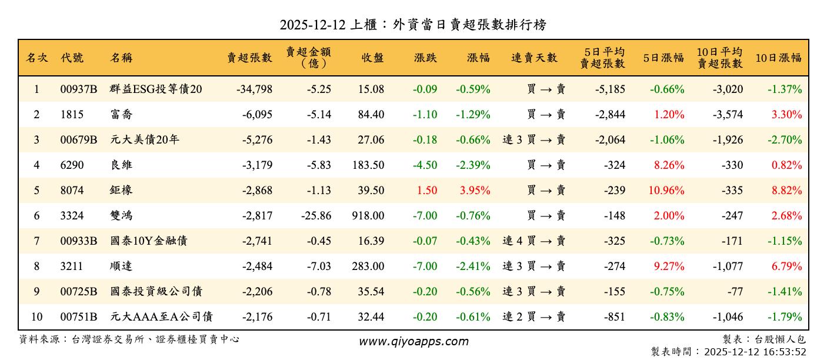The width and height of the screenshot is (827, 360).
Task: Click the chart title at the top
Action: [413, 25]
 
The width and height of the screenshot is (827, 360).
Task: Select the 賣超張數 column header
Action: [250, 58]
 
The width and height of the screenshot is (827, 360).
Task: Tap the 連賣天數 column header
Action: [533, 58]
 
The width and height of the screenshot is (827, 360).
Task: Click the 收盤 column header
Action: [372, 58]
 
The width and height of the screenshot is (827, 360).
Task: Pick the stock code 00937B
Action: [79, 89]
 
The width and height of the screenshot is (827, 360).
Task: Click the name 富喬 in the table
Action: [121, 115]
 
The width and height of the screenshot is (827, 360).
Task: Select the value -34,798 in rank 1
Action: [254, 89]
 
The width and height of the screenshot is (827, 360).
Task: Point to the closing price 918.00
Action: [368, 216]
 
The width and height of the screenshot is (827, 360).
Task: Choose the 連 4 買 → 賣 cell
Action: [533, 241]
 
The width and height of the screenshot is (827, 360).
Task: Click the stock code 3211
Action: [72, 266]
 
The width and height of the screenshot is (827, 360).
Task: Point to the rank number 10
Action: [36, 317]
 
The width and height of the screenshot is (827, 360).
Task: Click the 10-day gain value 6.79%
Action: [787, 266]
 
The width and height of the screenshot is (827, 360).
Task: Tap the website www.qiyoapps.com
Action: [413, 342]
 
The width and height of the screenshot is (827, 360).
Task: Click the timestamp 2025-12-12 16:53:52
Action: [755, 352]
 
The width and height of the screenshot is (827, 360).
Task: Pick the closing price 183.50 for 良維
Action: [368, 165]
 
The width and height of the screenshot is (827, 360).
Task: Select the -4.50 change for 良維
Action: [425, 165]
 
